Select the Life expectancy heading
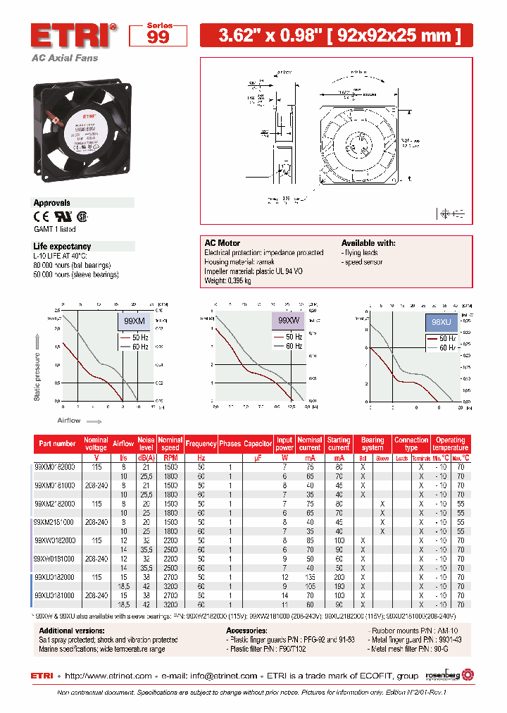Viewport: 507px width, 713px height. tap(62, 246)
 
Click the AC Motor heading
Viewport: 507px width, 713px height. tap(222, 242)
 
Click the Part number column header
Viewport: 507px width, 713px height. tap(58, 444)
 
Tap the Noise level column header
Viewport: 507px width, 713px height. tap(146, 444)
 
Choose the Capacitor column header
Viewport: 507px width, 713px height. tap(258, 444)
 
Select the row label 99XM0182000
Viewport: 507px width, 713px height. tap(54, 466)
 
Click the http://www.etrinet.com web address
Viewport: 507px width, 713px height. tap(110, 676)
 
